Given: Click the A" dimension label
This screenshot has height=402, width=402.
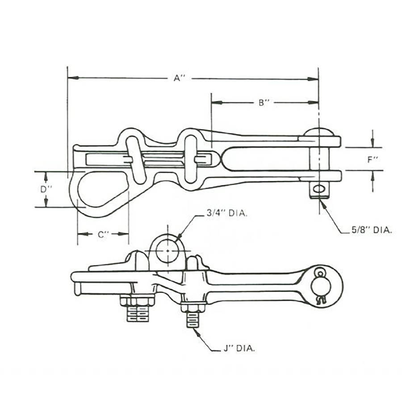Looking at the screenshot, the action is click(179, 78).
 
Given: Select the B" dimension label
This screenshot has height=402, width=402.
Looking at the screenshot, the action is click(264, 103).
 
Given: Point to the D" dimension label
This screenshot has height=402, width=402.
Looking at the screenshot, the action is click(46, 189).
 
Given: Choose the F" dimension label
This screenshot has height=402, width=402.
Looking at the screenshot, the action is click(373, 159).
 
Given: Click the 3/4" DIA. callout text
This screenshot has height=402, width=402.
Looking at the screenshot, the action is click(227, 214).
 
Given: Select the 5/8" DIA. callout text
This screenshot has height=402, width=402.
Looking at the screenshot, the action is click(372, 230).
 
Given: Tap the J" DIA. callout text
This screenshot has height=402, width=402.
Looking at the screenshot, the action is click(239, 348).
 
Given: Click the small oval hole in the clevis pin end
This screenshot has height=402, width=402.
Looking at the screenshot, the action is click(319, 189).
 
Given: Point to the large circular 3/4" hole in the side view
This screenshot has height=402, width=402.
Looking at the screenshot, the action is click(167, 251).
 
